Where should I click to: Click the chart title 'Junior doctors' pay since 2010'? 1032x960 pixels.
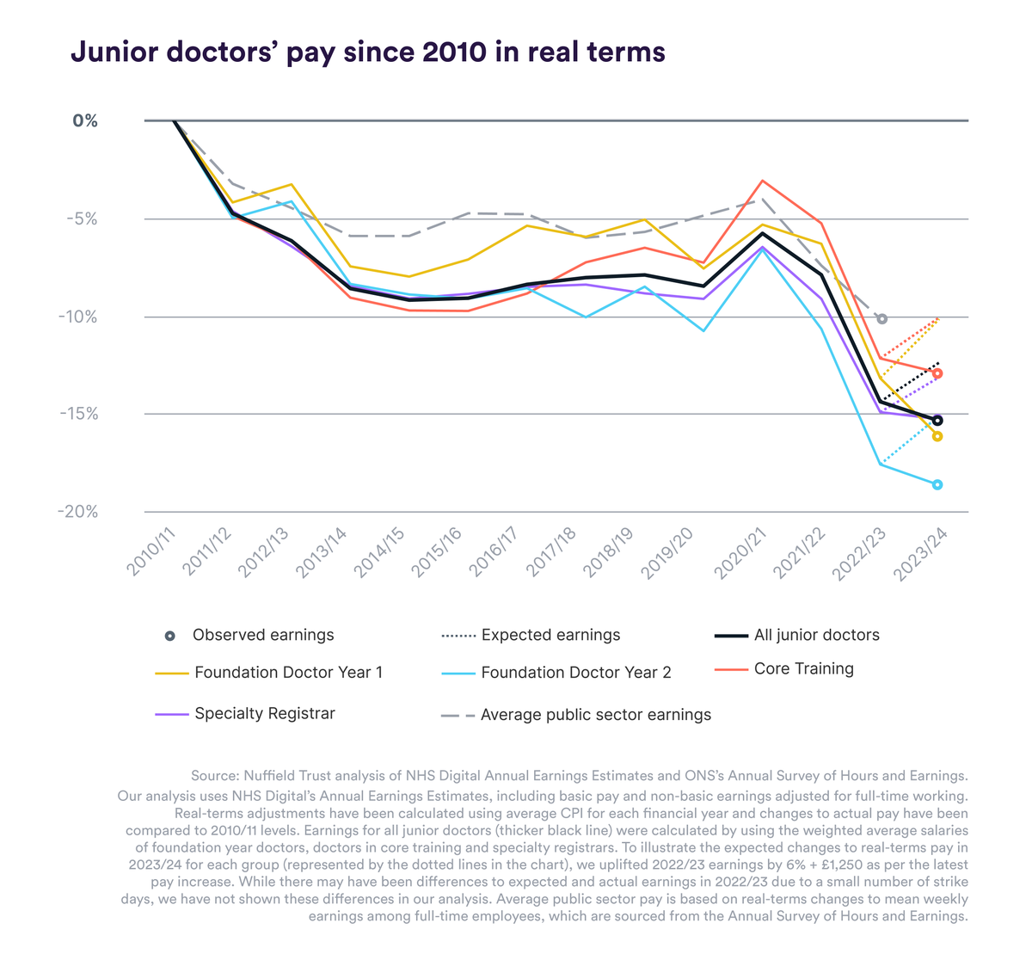(367, 52)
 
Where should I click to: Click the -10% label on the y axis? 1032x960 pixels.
(77, 317)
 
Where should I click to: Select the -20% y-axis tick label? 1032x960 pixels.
(77, 512)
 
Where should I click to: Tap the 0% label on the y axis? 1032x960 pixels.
(85, 121)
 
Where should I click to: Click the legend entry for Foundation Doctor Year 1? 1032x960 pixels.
(288, 672)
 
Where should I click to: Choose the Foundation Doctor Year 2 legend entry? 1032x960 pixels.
(575, 673)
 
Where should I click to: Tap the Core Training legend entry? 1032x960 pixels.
(803, 668)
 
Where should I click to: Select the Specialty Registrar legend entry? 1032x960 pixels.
(264, 713)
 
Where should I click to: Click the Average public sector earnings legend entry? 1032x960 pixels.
(595, 714)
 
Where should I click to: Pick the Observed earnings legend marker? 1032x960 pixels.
(170, 636)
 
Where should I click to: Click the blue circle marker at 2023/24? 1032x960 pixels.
(937, 484)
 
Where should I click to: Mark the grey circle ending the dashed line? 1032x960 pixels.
(881, 319)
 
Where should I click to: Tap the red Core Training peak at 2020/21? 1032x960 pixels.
(761, 181)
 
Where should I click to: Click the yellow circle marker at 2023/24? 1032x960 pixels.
(937, 436)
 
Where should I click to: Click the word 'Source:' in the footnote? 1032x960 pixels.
(215, 775)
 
